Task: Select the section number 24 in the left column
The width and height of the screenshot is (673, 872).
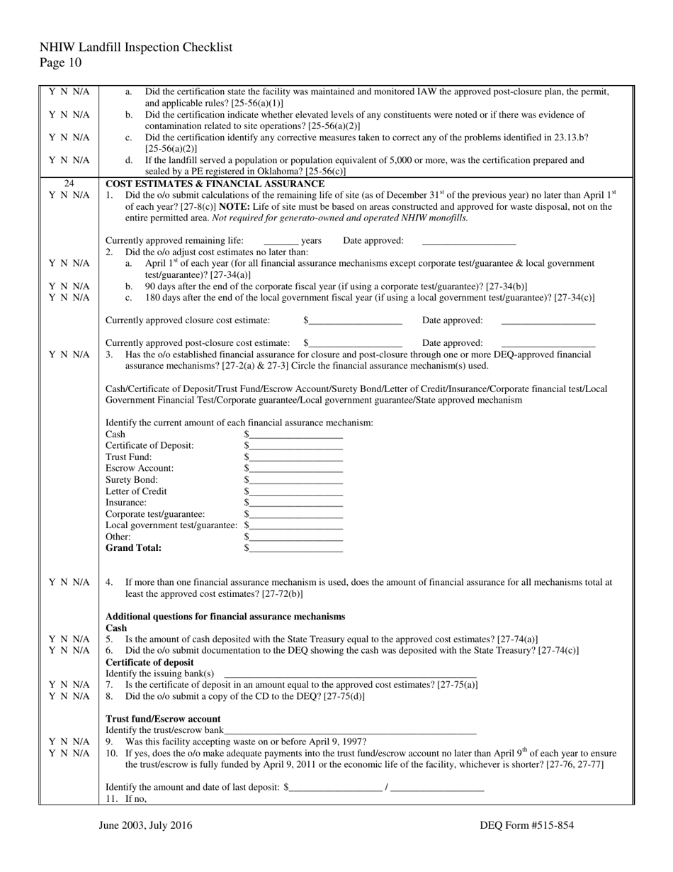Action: [69, 184]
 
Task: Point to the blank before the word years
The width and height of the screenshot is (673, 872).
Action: [281, 241]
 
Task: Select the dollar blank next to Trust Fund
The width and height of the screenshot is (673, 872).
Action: [296, 457]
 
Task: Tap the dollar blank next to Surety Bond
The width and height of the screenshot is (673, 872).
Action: [296, 480]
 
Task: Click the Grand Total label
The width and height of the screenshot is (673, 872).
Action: [133, 548]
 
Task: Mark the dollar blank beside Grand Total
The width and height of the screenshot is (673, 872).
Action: [296, 548]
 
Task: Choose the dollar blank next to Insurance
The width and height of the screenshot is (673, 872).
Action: [296, 503]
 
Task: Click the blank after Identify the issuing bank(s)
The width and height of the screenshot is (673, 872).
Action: [350, 673]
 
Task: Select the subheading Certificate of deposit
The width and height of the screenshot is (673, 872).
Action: [149, 662]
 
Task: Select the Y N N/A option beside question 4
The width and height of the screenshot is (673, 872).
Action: [69, 583]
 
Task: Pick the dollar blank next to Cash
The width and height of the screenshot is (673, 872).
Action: [296, 435]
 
